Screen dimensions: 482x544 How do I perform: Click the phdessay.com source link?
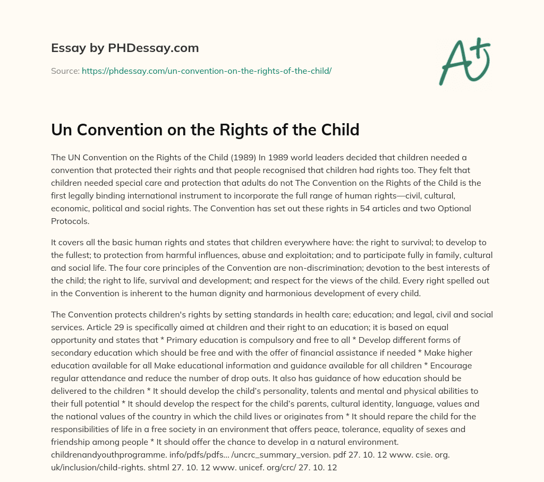(207, 71)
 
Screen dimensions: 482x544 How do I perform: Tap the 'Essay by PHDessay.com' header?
(125, 48)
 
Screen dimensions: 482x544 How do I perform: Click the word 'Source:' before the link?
(65, 71)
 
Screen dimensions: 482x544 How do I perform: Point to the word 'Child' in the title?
(339, 130)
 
